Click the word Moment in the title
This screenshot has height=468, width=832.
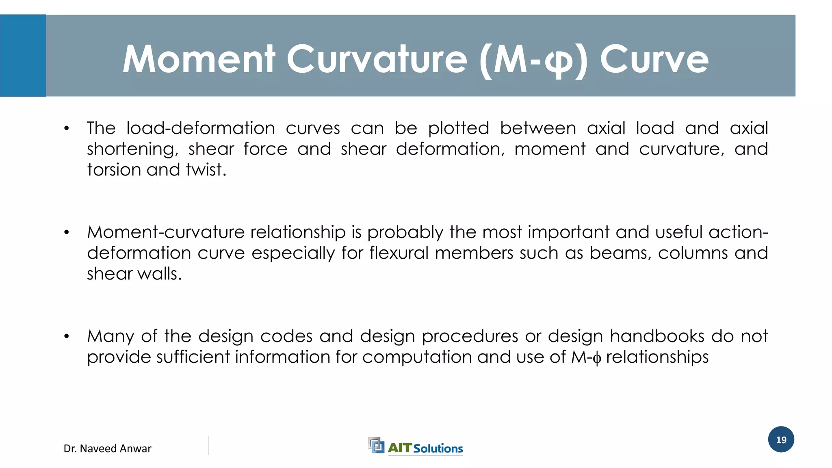(199, 59)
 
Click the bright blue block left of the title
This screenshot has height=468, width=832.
(23, 56)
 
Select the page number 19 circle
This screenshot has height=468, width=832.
(781, 440)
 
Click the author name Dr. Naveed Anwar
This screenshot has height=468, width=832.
(107, 448)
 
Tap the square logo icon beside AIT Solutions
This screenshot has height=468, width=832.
(376, 445)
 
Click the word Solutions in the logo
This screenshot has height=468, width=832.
(438, 448)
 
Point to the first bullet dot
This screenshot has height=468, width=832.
(67, 129)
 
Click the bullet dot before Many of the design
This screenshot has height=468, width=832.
(67, 337)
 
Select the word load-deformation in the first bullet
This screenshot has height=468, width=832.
(201, 128)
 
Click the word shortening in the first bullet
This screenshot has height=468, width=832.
(132, 149)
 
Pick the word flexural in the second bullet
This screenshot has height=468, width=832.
(399, 253)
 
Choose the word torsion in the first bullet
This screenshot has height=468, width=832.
(113, 170)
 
